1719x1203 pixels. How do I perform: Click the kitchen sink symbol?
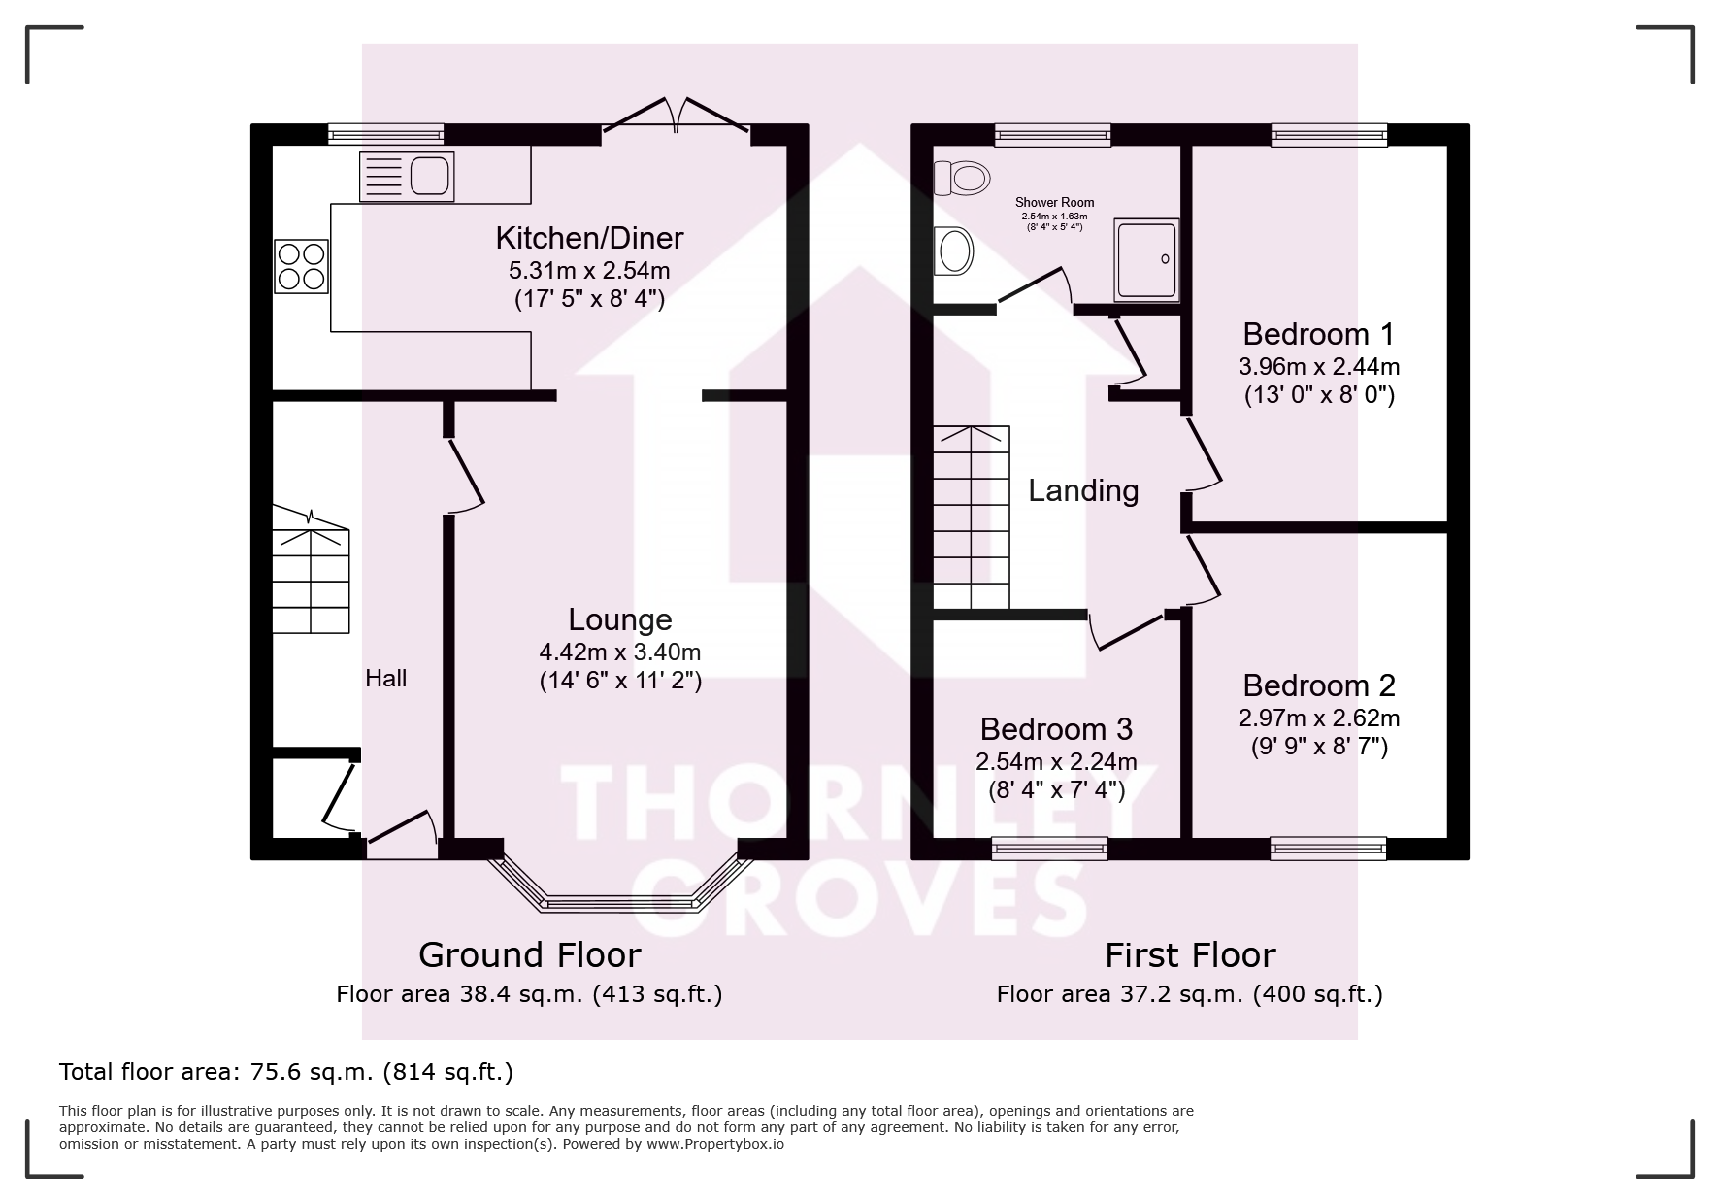click(x=406, y=177)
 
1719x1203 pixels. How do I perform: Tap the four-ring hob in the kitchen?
click(x=301, y=266)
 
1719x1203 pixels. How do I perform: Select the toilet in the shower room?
click(x=962, y=178)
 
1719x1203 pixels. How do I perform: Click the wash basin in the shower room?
click(x=953, y=251)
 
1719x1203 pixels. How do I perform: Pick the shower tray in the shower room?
click(x=1147, y=258)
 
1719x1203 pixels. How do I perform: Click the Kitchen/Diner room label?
click(x=589, y=238)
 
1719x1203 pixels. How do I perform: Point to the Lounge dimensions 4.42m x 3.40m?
click(x=620, y=652)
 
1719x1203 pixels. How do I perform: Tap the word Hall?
click(x=385, y=678)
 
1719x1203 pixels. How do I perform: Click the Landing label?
click(x=1083, y=490)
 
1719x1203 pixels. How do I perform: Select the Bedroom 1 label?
click(x=1318, y=334)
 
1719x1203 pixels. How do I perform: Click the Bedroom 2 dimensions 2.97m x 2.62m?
click(x=1318, y=718)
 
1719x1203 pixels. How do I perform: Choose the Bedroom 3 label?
click(x=1056, y=729)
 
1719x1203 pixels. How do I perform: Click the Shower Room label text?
click(x=1055, y=202)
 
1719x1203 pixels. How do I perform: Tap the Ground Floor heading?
click(x=530, y=955)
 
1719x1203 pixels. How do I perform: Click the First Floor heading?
click(x=1190, y=955)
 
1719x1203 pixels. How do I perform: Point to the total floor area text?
click(x=286, y=1072)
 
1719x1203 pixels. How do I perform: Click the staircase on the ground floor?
click(x=311, y=571)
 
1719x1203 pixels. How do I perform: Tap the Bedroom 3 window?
click(x=1049, y=850)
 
